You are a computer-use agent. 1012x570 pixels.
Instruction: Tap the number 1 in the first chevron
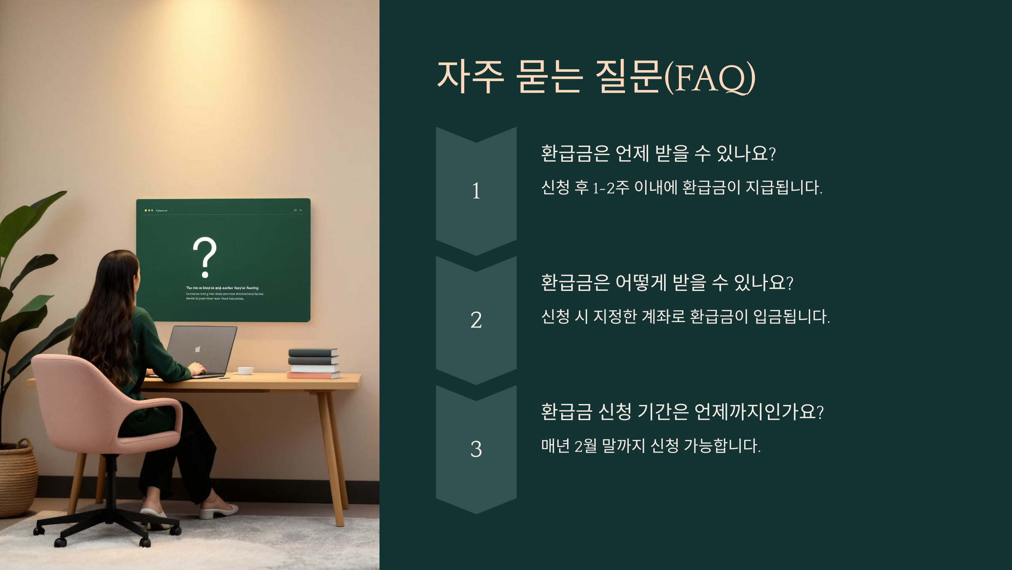coord(476,191)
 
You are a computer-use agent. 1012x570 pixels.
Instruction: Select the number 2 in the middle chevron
coord(476,320)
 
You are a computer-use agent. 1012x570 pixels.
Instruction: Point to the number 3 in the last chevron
coord(476,449)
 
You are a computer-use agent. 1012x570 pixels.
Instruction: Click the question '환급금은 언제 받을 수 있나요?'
coord(658,153)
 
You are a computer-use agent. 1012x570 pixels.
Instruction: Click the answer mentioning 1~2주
coord(681,187)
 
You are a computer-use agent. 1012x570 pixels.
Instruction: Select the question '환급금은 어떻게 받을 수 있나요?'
coord(667,282)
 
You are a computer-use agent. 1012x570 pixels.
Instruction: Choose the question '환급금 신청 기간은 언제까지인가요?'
coord(682,412)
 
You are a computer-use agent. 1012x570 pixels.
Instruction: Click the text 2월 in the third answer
coord(586,446)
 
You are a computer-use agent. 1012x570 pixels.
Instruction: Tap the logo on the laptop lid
coord(197,349)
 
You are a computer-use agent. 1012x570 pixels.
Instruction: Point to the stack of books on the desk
coord(314,364)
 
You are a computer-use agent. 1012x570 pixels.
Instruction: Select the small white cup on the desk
coord(245,371)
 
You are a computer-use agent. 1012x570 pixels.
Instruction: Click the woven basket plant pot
coord(17,477)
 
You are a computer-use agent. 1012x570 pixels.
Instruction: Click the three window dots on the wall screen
coord(148,210)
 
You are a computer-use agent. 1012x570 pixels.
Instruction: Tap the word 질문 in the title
coord(628,77)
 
